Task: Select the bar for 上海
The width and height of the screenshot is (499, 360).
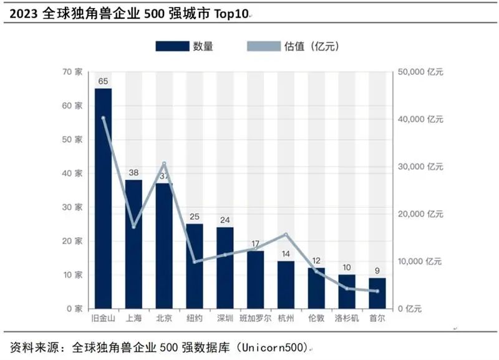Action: pos(133,244)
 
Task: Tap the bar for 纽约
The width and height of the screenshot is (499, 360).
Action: pos(195,266)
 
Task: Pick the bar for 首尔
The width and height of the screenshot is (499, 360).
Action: pos(377,293)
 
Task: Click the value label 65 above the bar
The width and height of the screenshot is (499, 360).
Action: pos(103,81)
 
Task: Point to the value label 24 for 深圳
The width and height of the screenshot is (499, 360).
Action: pos(225,220)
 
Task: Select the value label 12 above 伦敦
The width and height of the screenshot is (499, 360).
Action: pos(316,261)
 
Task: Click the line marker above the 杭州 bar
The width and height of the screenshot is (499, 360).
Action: pos(286,235)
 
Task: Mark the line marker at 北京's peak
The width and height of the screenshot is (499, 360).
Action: pos(164,163)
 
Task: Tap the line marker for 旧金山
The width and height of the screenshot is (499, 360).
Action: pos(103,118)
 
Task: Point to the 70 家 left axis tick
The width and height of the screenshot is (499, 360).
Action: pos(73,72)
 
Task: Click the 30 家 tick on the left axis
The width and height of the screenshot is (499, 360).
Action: pos(73,207)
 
